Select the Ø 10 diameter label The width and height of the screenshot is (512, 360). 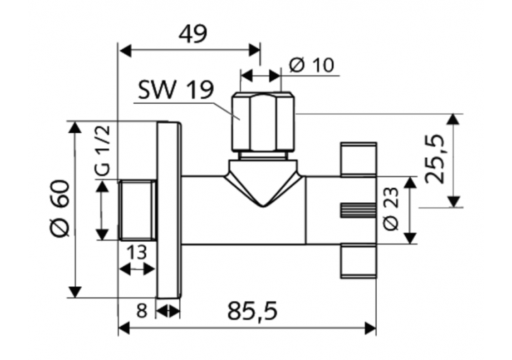pyautogui.click(x=311, y=66)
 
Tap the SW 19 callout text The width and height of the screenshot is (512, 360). pyautogui.click(x=175, y=90)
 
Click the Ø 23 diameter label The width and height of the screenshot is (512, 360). pyautogui.click(x=392, y=210)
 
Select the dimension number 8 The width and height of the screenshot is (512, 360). pyautogui.click(x=141, y=311)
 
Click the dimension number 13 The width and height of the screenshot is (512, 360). pyautogui.click(x=137, y=253)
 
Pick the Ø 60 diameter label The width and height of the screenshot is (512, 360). pyautogui.click(x=61, y=209)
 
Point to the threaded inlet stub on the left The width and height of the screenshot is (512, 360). pyautogui.click(x=137, y=210)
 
